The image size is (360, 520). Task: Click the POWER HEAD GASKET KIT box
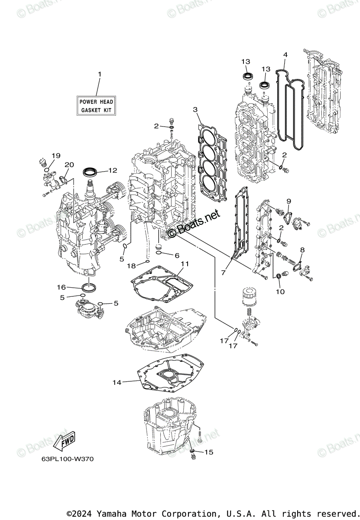[x=96, y=106]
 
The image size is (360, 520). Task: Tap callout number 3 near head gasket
[x=195, y=109]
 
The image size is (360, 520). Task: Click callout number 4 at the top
[x=285, y=55]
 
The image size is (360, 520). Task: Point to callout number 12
[x=113, y=170]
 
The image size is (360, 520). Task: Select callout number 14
[x=117, y=382]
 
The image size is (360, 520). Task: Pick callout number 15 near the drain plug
[x=209, y=452]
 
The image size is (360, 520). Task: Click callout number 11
[x=185, y=263]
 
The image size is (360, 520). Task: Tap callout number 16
[x=61, y=287]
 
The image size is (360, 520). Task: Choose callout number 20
[x=69, y=165]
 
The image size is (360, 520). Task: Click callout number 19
[x=56, y=156]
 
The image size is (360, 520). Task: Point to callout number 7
[x=224, y=273]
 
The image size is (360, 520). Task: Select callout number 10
[x=280, y=292]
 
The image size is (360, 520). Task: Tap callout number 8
[x=302, y=250]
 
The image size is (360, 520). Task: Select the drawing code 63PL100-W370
[x=61, y=459]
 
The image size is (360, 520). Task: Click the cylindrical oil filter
[x=248, y=299]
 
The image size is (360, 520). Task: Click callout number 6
[x=177, y=255]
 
